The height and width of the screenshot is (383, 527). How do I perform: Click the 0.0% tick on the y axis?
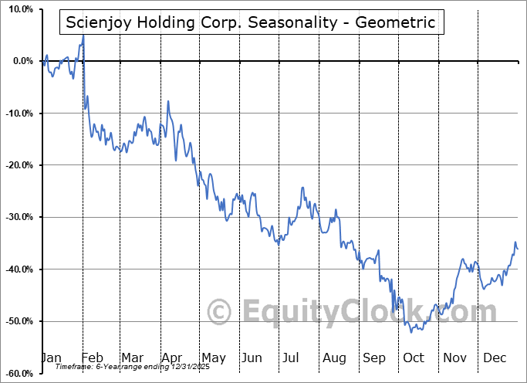[21, 61]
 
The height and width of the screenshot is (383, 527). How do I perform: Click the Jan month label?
[50, 358]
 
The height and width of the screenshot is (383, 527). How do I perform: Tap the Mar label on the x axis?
[132, 358]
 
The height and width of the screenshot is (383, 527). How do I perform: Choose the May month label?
[213, 358]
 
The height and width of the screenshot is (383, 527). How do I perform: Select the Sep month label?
[374, 358]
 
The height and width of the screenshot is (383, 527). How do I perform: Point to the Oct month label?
[414, 358]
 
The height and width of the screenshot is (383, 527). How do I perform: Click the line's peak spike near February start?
[83, 36]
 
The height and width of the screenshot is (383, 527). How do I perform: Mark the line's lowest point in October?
[413, 332]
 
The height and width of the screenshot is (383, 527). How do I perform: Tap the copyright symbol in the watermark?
[220, 312]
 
